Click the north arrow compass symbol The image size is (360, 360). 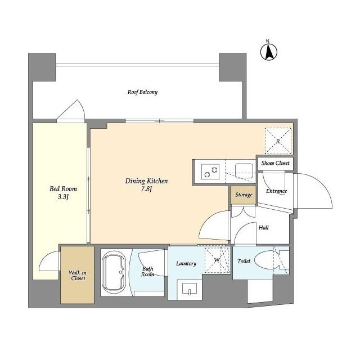[x=269, y=51]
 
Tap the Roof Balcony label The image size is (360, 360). [x=142, y=92]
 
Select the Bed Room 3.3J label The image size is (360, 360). [x=63, y=192]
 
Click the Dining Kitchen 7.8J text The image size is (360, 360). [x=146, y=185]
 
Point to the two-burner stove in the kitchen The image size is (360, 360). [x=210, y=171]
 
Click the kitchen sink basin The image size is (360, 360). [x=244, y=171]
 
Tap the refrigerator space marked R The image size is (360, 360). [x=278, y=141]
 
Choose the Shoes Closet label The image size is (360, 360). [x=275, y=163]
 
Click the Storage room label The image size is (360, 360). [x=244, y=195]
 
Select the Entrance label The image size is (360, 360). [x=276, y=191]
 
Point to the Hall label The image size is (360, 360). [x=264, y=227]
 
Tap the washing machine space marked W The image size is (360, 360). [x=217, y=260]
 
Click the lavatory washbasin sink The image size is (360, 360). [x=190, y=289]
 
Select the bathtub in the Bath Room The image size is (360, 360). [x=114, y=273]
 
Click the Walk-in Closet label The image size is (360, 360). [x=78, y=276]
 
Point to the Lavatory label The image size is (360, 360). [x=186, y=263]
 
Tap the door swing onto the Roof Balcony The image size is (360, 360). [x=71, y=110]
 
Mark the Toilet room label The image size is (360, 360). [x=244, y=261]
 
